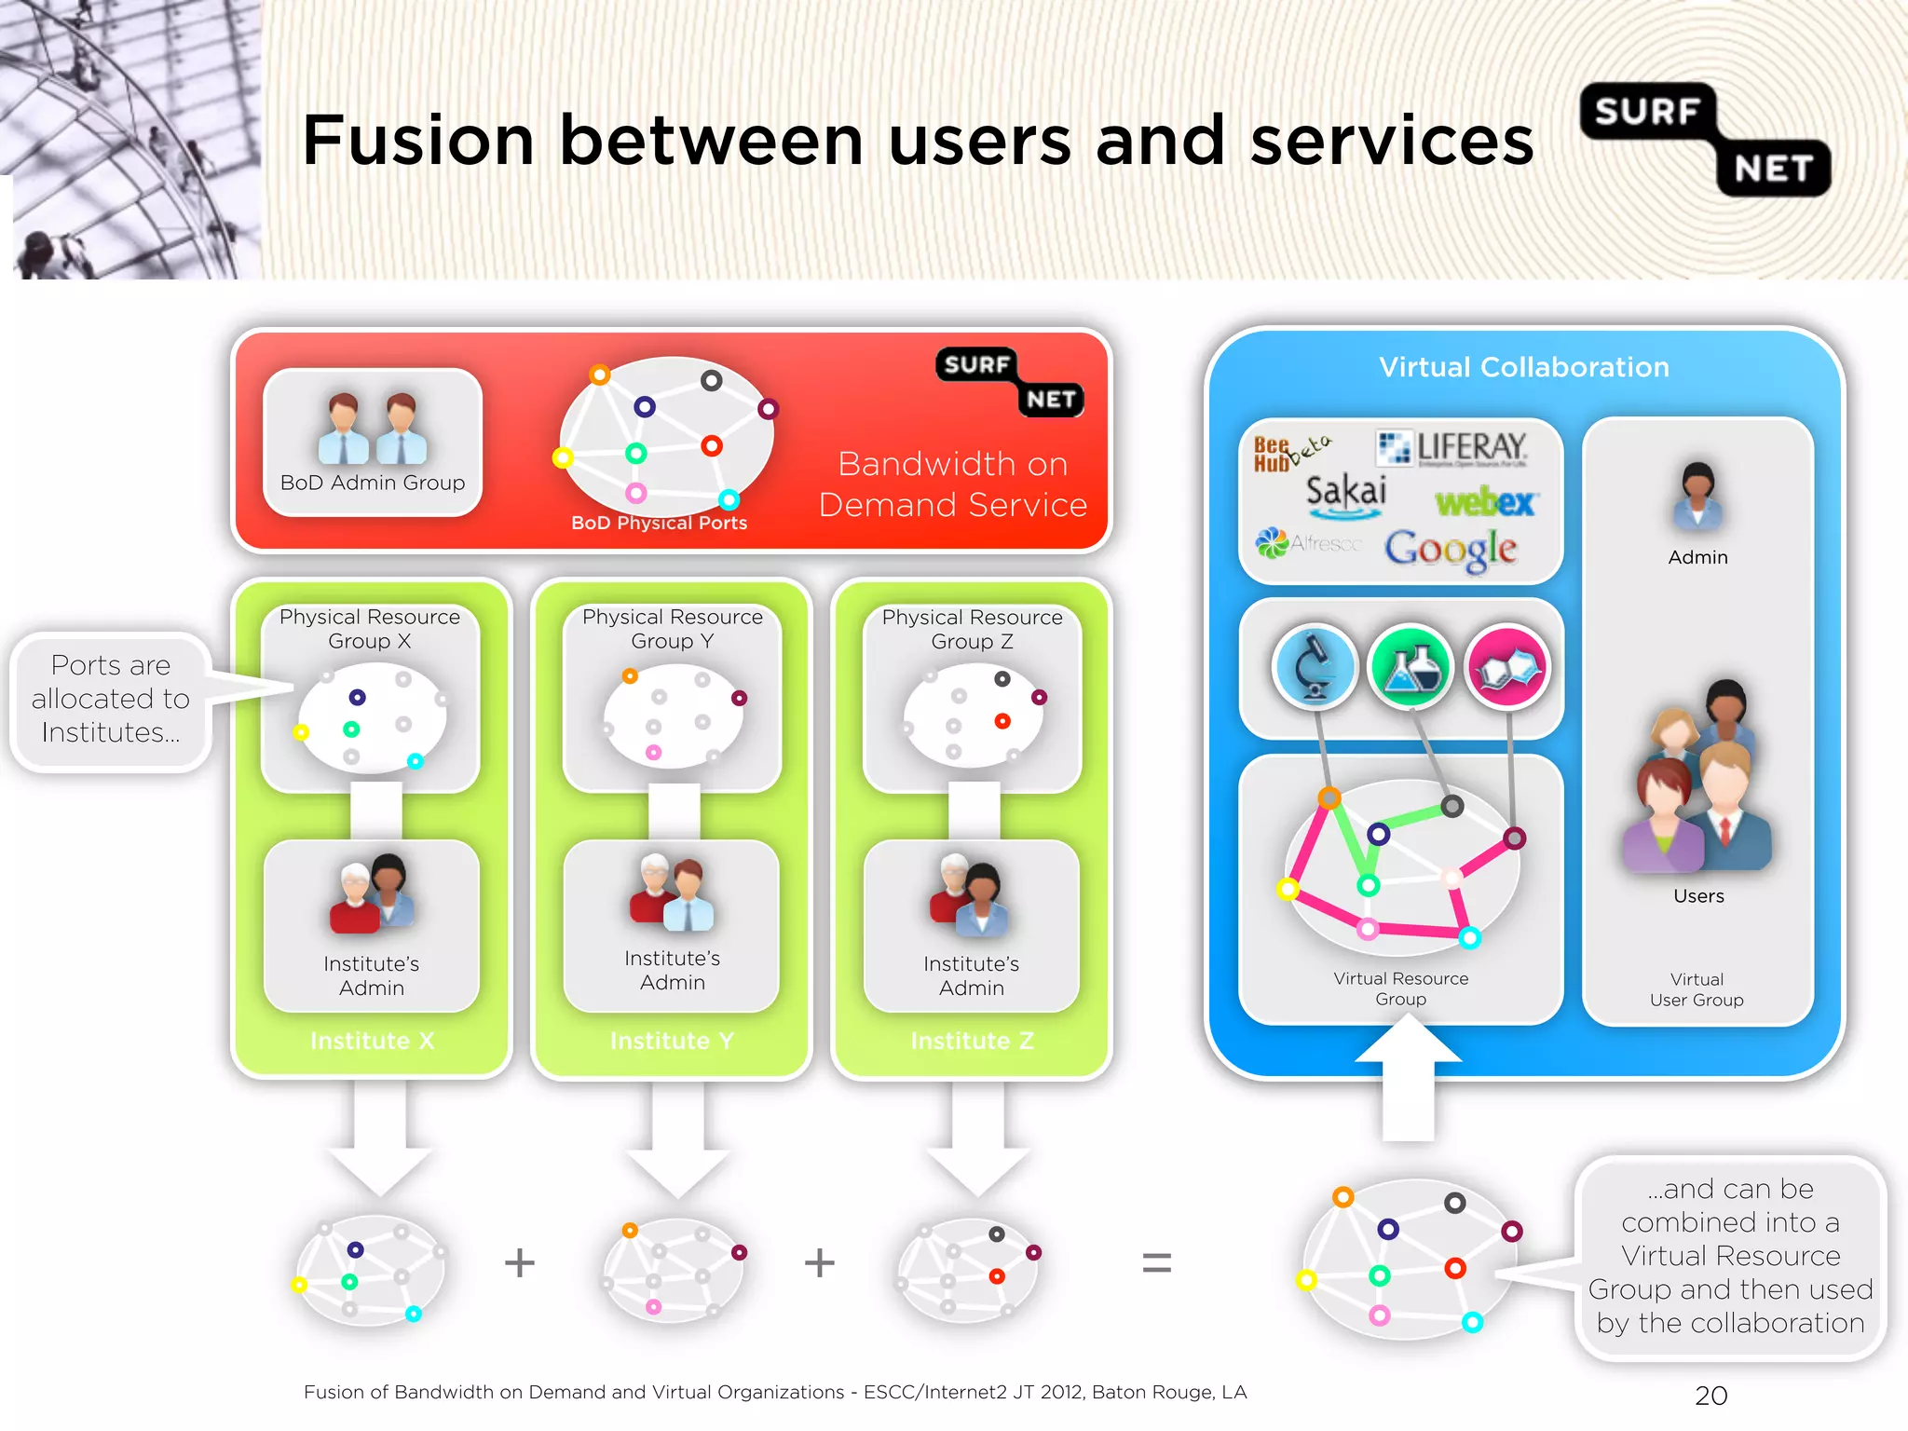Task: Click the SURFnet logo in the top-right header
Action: coord(1705,140)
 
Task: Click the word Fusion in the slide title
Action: coord(418,141)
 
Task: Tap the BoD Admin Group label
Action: coord(373,483)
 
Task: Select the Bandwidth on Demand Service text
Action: coord(952,484)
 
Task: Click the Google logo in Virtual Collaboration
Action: coord(1450,549)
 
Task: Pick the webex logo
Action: coord(1485,502)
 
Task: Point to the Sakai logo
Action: coord(1345,492)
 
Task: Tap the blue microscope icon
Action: coord(1315,667)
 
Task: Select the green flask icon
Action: coord(1411,667)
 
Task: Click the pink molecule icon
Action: coord(1506,667)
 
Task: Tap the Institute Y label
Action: coord(672,1041)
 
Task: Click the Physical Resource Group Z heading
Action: coord(972,629)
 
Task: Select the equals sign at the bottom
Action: coord(1156,1263)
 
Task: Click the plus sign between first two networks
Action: coord(519,1263)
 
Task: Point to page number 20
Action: coord(1710,1396)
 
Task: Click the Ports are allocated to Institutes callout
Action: coord(111,700)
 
